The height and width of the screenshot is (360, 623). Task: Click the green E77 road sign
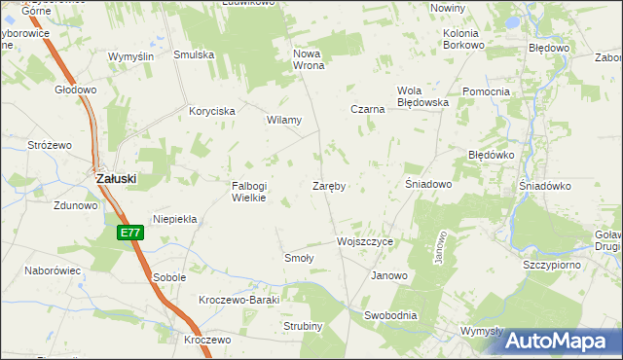130,233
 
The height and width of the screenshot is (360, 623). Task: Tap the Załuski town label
115,179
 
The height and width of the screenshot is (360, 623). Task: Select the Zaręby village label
330,185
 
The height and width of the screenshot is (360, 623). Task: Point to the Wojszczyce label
365,241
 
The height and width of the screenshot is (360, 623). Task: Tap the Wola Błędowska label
421,96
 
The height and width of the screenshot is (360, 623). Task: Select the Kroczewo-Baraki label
238,300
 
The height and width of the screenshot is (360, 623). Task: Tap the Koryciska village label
212,112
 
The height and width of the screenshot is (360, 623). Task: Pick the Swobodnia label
390,315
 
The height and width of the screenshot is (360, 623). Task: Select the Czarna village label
368,110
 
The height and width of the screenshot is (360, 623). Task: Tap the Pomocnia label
487,91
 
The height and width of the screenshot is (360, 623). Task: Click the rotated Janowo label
440,247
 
